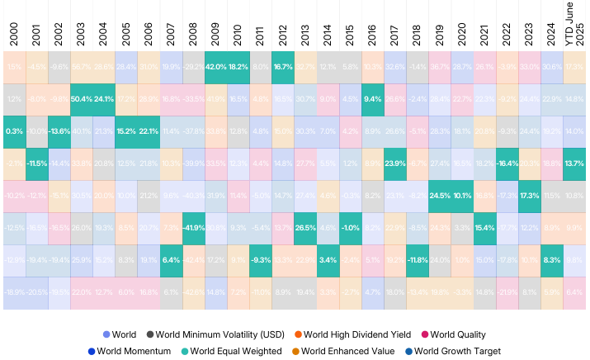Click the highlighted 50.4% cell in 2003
81,99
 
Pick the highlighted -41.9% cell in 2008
193,227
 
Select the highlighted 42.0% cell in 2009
215,66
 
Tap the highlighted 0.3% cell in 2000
12,130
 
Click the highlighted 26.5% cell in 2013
304,227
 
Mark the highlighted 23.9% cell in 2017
393,163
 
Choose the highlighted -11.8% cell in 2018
416,259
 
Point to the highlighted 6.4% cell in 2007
171,259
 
